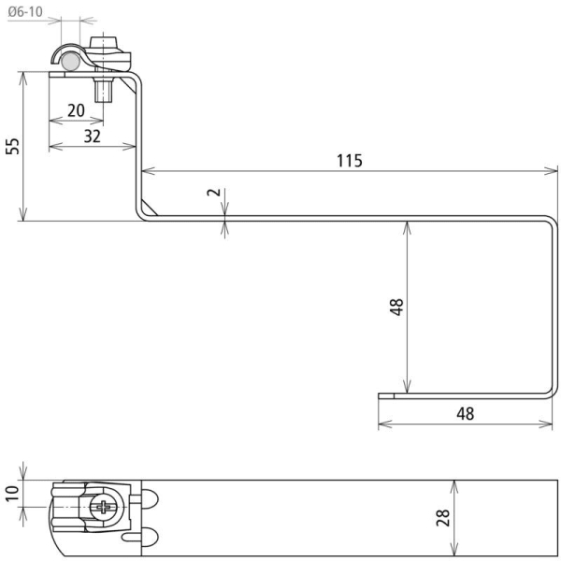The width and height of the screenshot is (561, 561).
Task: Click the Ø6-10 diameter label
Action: click(x=25, y=12)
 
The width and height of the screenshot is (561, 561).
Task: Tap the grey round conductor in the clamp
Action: click(x=70, y=62)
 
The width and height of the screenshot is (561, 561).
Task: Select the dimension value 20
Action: click(x=77, y=110)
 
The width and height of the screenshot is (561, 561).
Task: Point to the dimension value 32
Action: click(x=93, y=137)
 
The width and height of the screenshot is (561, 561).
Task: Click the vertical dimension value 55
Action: click(x=13, y=146)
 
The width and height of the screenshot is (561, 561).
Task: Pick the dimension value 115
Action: click(x=350, y=161)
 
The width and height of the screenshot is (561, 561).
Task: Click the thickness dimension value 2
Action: click(x=214, y=192)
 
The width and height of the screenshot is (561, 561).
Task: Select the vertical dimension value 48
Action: click(x=396, y=307)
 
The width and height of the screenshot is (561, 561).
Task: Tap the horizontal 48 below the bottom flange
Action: click(x=466, y=413)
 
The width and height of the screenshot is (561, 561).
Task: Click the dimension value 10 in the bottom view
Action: click(x=12, y=494)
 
